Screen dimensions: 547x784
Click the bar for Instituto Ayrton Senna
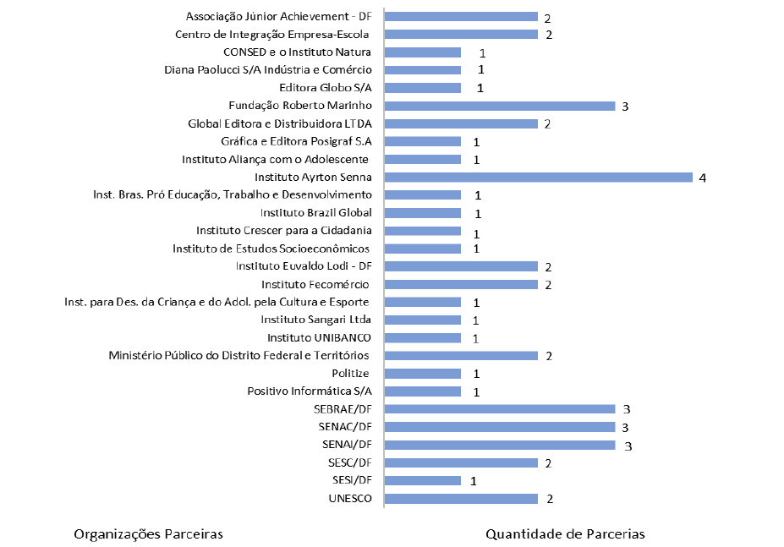538,177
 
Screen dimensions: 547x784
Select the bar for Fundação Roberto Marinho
499,106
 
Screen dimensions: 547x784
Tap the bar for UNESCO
461,499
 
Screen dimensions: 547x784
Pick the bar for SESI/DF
422,480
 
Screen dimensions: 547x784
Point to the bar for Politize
422,374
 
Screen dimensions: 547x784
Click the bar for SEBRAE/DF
499,409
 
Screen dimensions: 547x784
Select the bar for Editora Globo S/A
422,88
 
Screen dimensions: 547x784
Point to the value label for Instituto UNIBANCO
476,339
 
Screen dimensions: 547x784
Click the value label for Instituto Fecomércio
548,285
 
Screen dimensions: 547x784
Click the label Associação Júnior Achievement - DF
278,16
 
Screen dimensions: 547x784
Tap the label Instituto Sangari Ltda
316,320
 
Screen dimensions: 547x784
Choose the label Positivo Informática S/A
310,391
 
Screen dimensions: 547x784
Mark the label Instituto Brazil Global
316,213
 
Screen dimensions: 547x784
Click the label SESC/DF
349,462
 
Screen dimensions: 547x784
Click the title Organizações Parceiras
148,534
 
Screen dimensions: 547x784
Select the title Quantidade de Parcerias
565,534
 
